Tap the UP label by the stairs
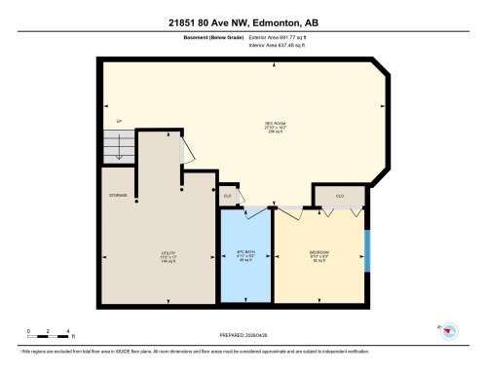119,122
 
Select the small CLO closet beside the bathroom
228,196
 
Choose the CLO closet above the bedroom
339,196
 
